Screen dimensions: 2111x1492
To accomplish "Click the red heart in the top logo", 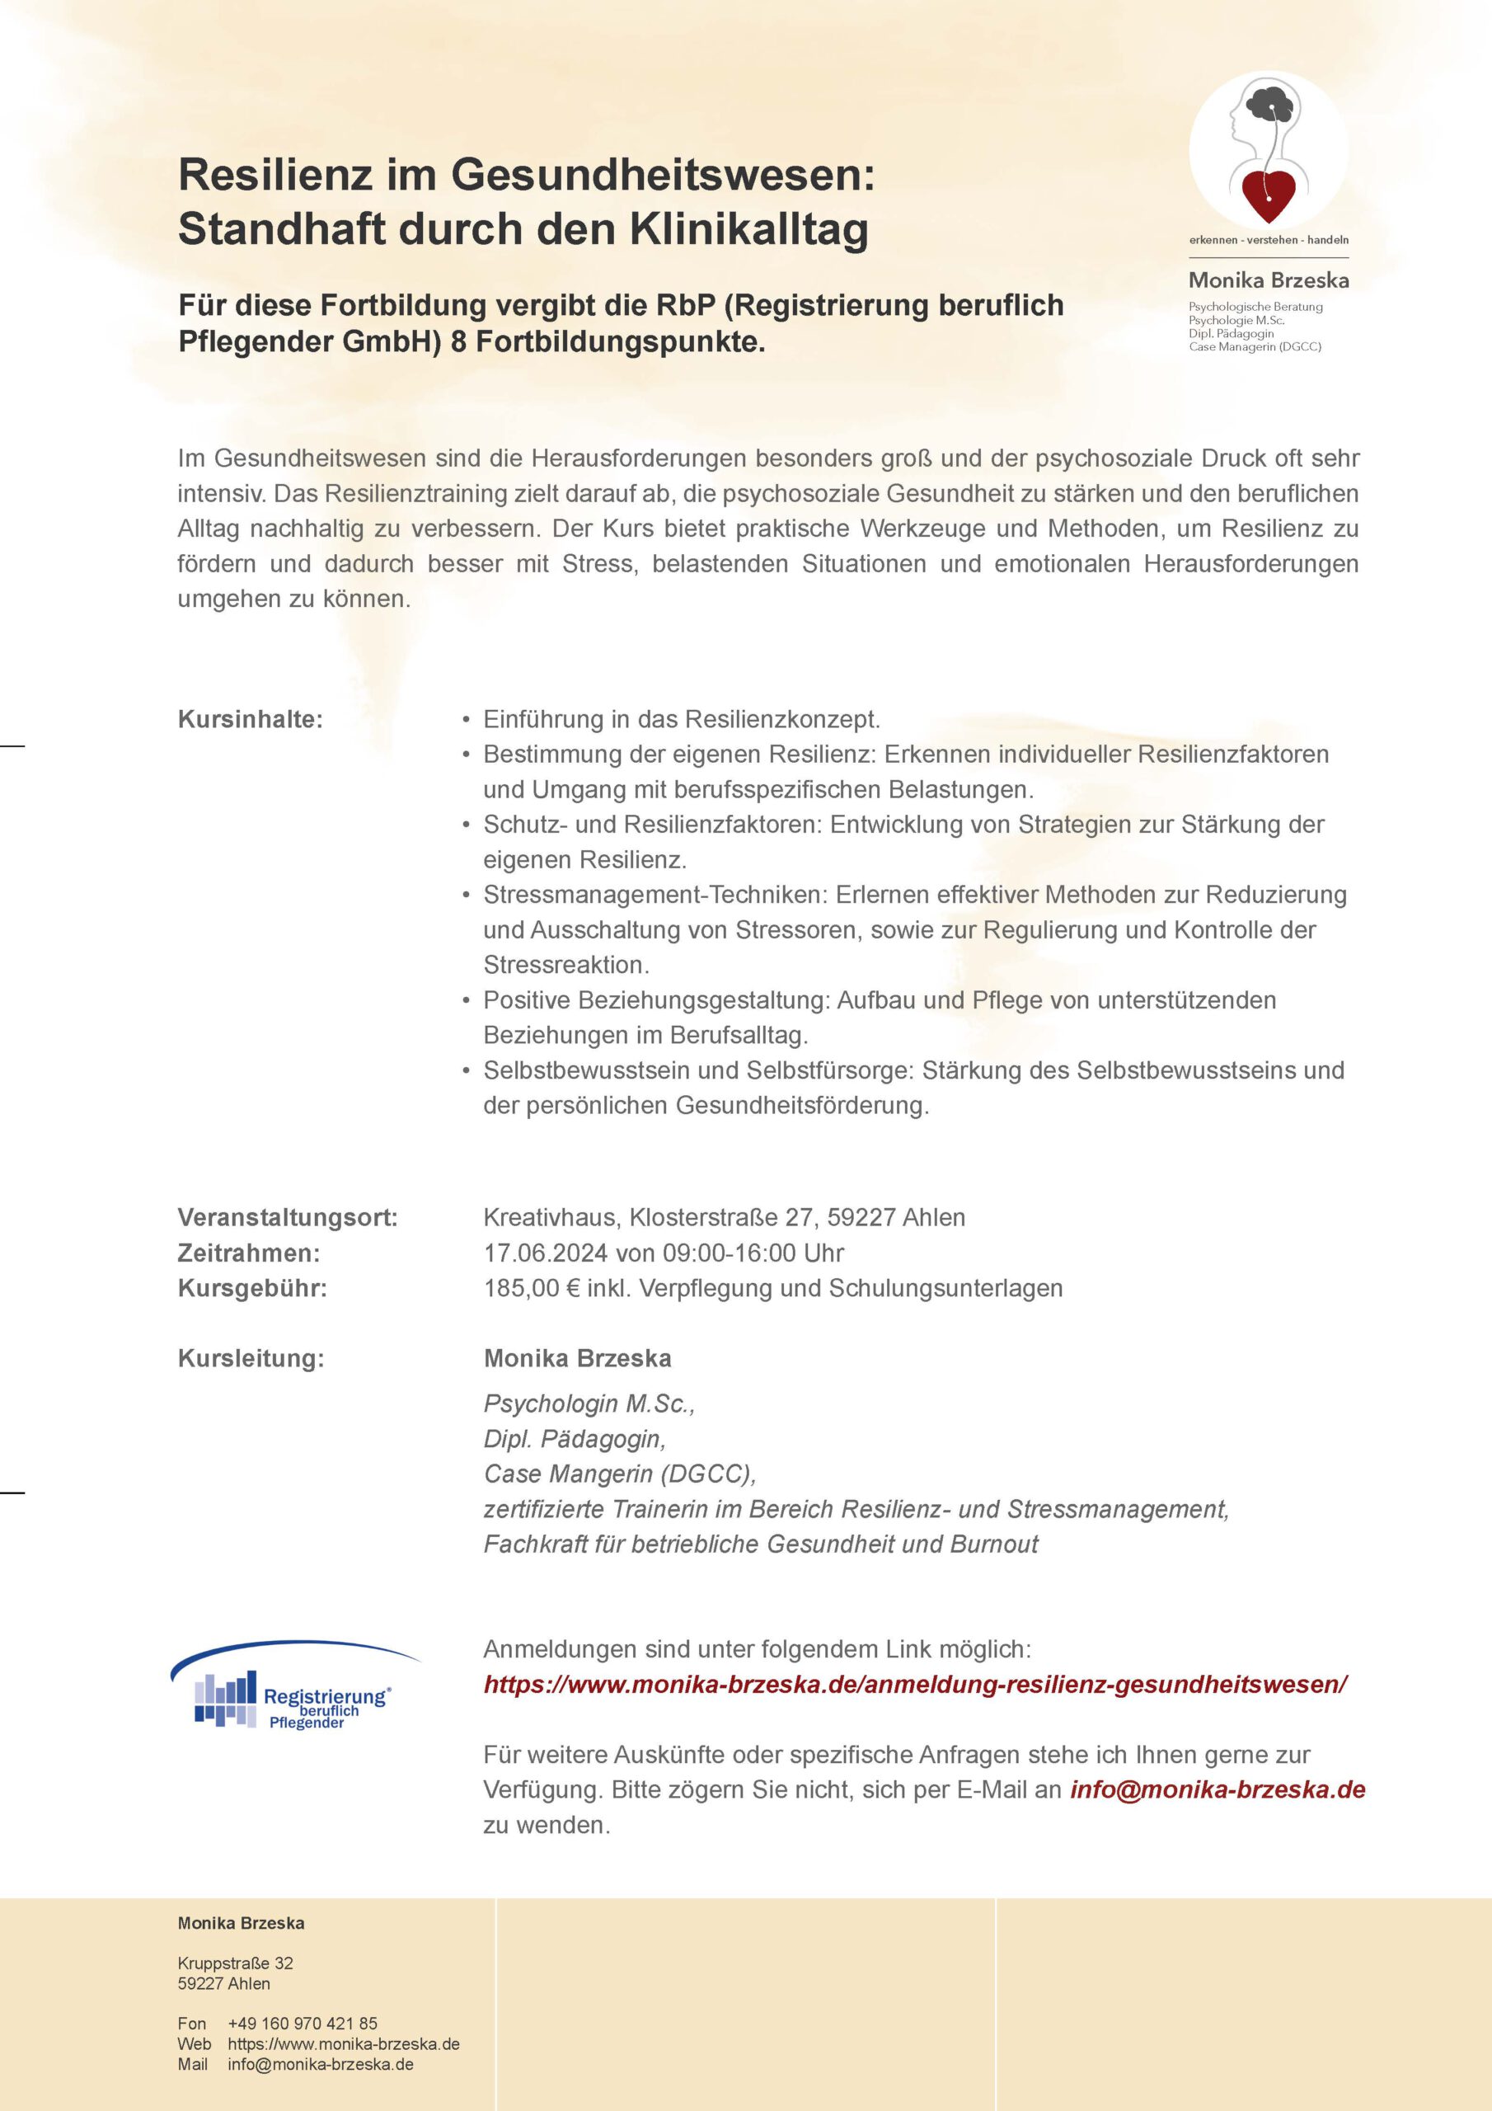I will coord(1268,194).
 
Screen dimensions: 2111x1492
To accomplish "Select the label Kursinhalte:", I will coord(250,719).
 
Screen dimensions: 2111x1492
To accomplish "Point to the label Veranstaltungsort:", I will coord(288,1217).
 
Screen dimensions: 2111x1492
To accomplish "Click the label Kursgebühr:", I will coord(252,1287).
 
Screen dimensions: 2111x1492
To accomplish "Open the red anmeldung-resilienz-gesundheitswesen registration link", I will coord(915,1684).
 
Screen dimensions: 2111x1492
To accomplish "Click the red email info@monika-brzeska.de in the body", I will coord(1218,1789).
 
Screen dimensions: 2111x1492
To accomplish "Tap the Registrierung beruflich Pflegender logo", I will coord(293,1690).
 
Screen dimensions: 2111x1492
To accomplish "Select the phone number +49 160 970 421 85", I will coord(303,2023).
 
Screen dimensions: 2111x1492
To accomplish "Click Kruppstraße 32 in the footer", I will coord(235,1963).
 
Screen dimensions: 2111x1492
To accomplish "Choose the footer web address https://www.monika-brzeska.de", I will coord(344,2043).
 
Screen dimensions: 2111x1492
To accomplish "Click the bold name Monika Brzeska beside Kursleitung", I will coord(577,1358).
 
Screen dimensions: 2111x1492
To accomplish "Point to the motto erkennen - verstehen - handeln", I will coord(1269,240).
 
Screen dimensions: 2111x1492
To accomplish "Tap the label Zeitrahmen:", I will coord(249,1253).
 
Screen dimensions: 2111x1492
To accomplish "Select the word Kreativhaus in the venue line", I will coord(551,1217).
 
